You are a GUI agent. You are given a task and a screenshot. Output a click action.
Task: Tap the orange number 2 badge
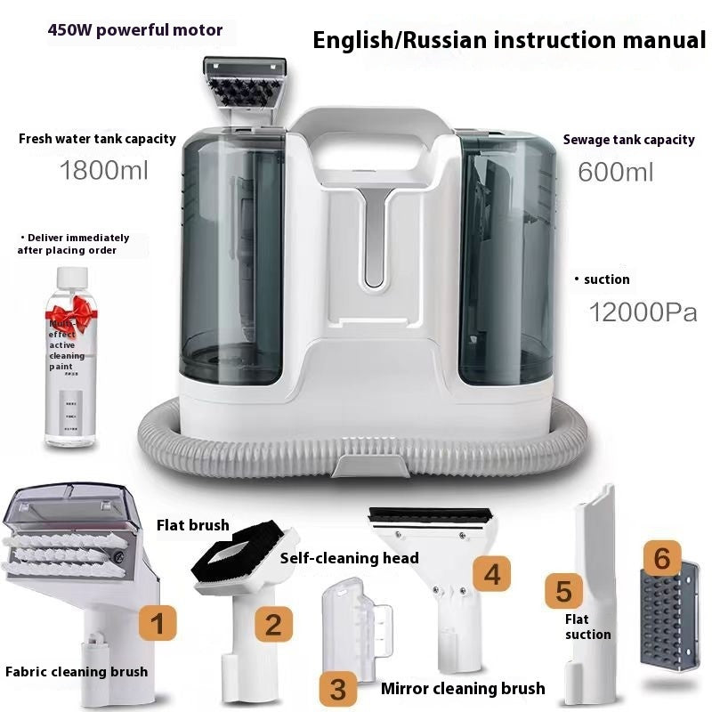(x=272, y=623)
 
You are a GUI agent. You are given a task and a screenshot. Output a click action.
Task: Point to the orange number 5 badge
(x=562, y=590)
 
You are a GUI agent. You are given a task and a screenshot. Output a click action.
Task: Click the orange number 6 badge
(x=660, y=558)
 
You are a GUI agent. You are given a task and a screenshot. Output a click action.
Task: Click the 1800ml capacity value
(x=103, y=169)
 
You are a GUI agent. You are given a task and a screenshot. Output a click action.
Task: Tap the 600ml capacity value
(x=615, y=171)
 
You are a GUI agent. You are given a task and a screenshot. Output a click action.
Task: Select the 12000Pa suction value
(x=643, y=312)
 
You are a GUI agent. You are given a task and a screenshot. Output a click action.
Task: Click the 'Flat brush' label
(x=194, y=525)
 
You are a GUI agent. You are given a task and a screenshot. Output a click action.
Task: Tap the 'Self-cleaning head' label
(x=349, y=558)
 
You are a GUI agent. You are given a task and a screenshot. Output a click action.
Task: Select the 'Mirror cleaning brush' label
(x=462, y=688)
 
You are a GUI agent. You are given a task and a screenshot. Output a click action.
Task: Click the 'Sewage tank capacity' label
(x=628, y=140)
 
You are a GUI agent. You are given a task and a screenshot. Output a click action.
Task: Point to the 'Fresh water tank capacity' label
(x=97, y=139)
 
